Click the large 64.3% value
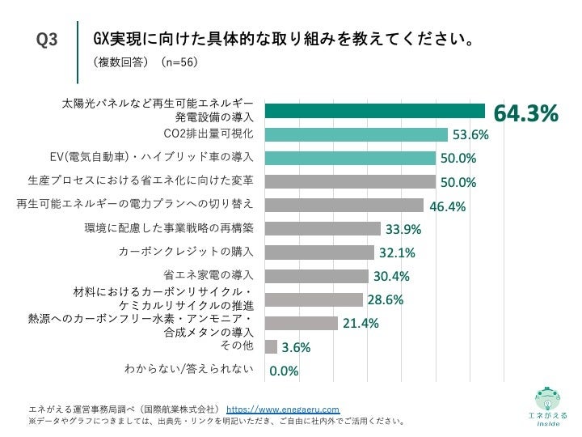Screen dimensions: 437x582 526,115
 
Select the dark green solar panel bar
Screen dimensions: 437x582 375,112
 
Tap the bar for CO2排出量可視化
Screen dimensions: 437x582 356,135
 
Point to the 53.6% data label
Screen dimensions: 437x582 470,135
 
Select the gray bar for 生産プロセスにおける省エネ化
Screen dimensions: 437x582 350,182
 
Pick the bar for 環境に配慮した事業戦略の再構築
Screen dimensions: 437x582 323,229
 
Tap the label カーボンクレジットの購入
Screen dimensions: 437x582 186,251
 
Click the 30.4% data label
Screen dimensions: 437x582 392,276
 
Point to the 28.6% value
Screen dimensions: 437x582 386,300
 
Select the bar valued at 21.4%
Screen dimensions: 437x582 302,324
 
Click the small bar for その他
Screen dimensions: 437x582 271,347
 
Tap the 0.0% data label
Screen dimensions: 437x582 284,371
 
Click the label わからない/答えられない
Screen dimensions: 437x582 189,369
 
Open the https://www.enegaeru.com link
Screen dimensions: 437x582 283,409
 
